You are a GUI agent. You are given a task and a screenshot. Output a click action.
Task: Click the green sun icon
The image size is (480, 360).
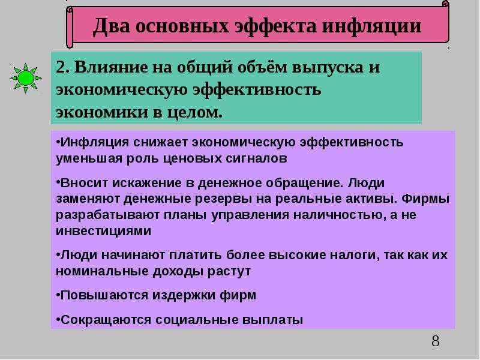[x=25, y=79]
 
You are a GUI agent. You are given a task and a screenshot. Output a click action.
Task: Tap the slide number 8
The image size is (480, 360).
[x=436, y=341]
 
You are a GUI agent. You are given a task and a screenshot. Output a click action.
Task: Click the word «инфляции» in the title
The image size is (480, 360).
[x=371, y=26]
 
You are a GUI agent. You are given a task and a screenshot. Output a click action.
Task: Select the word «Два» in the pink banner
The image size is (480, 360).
[x=112, y=26]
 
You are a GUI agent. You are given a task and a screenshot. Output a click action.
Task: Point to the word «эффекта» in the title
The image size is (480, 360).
[x=275, y=26]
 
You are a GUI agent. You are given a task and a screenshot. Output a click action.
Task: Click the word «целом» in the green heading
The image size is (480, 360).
[x=194, y=113]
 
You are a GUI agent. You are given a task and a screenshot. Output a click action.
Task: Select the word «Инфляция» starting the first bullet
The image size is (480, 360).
[x=95, y=142]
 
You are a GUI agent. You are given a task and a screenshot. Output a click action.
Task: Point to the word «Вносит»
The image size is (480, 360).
[x=83, y=183]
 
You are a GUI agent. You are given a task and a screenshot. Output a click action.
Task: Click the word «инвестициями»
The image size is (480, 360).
[x=103, y=231]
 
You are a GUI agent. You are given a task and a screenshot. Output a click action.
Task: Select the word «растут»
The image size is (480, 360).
[x=229, y=272]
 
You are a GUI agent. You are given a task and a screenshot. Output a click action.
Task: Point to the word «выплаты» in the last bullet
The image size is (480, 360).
[x=272, y=320]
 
